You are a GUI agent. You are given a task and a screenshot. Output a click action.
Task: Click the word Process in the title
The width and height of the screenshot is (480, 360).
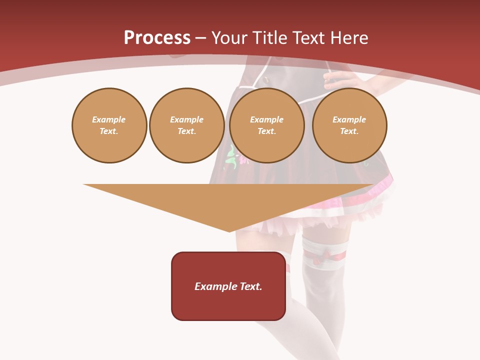(x=157, y=38)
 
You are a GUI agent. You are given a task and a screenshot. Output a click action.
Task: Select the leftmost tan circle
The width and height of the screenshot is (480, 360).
(x=109, y=125)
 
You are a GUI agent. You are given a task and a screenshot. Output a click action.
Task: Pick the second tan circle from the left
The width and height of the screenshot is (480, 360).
(x=187, y=125)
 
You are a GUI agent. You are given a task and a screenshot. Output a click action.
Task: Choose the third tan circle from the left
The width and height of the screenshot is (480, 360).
(x=267, y=125)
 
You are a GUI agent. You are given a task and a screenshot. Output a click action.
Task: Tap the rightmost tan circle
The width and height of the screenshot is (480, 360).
(x=349, y=125)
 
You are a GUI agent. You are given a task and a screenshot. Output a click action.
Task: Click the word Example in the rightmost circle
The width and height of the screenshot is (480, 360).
(x=349, y=119)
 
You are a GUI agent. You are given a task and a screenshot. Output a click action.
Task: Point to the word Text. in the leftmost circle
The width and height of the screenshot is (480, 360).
(x=109, y=131)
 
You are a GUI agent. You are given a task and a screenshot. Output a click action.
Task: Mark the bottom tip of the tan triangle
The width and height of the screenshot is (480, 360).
(x=229, y=231)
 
